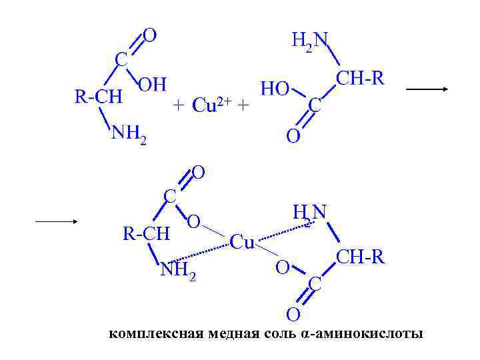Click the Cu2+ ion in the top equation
[x=211, y=105]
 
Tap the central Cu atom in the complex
[x=242, y=242]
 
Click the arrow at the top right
[x=427, y=89]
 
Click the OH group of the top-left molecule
[x=152, y=84]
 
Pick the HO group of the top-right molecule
[x=275, y=89]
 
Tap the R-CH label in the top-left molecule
[x=98, y=97]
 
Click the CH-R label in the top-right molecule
[x=360, y=79]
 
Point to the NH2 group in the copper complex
[x=178, y=270]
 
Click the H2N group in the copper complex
[x=309, y=213]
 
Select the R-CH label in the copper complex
[x=147, y=234]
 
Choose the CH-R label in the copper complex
[x=360, y=257]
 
